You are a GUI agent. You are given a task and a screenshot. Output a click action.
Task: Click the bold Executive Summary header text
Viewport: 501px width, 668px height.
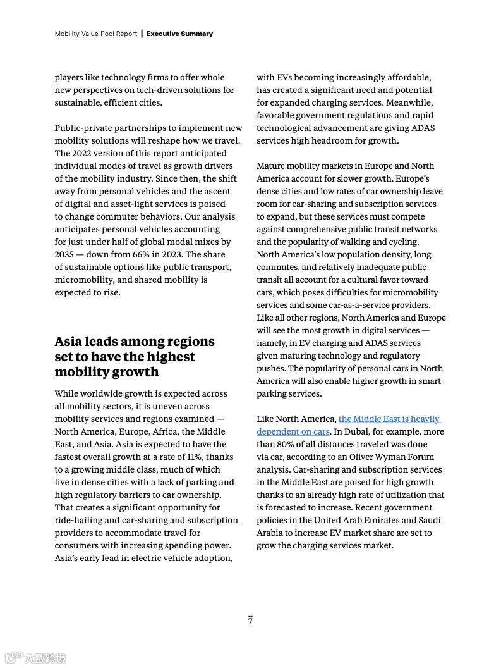[179, 34]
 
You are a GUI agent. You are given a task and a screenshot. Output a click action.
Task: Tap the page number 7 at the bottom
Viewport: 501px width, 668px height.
[250, 621]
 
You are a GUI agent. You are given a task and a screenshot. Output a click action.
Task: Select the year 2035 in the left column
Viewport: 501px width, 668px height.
[65, 254]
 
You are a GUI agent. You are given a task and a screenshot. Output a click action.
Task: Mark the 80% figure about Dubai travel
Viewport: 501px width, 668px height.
[287, 444]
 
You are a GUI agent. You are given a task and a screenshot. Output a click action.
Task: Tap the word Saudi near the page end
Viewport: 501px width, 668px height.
[429, 520]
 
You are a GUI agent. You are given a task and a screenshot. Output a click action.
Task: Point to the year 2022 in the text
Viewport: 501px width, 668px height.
[85, 153]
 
